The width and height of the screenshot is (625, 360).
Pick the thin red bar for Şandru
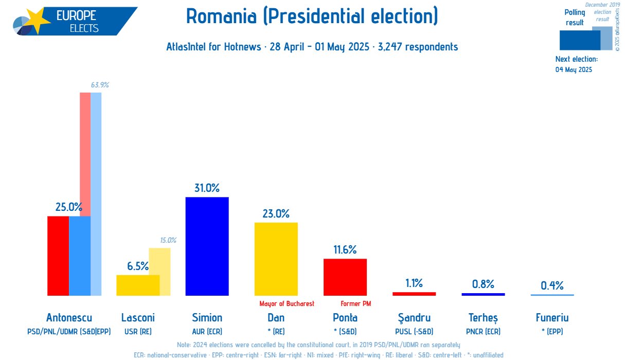[x=414, y=294]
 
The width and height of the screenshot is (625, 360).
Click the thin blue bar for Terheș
[x=483, y=294]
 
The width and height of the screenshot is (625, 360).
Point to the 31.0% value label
[x=207, y=188]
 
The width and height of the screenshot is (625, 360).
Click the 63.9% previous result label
[x=100, y=85]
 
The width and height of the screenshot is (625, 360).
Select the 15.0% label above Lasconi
[x=168, y=240]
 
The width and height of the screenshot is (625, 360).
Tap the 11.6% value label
[x=345, y=250]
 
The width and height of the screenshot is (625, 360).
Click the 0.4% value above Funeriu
[x=552, y=285]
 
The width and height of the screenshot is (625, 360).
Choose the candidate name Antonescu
[x=69, y=318]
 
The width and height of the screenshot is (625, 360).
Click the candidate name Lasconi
[x=138, y=318]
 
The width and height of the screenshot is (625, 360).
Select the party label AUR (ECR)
[x=207, y=332]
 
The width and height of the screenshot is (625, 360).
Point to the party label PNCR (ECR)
[x=483, y=332]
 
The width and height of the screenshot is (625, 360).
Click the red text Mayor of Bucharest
[x=287, y=304]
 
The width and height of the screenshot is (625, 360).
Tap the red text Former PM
[x=355, y=304]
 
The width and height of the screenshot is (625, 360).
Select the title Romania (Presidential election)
[x=312, y=16]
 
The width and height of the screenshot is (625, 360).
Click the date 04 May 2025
[x=574, y=69]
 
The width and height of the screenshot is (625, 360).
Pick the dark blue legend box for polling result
[x=579, y=40]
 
